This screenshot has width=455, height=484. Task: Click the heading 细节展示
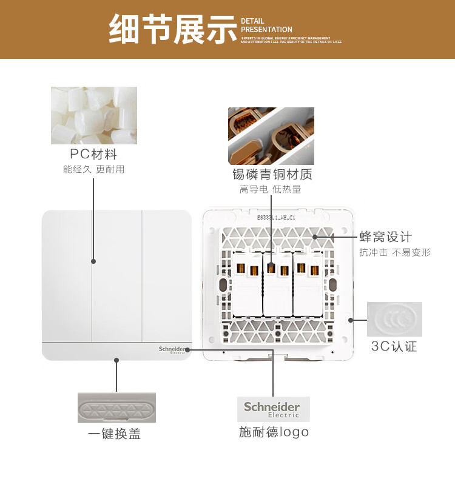tap(172, 30)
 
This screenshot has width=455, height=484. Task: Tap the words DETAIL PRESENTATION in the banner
tap(266, 25)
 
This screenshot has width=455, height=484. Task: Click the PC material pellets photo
tap(94, 115)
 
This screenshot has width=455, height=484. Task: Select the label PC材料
tap(93, 154)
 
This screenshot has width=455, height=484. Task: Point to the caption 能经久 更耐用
tap(93, 169)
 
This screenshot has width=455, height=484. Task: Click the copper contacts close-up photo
tap(271, 136)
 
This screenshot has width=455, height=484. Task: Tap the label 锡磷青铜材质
tap(272, 175)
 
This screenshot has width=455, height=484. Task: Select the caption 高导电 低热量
tap(270, 189)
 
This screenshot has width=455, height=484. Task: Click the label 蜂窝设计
tap(385, 237)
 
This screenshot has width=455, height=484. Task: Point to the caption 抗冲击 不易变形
tap(394, 252)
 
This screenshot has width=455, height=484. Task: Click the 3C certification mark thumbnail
tap(394, 319)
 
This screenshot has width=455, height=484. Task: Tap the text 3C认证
tap(394, 346)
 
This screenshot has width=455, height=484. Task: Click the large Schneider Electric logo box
tap(272, 409)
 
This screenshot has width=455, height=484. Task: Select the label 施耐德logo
tap(274, 432)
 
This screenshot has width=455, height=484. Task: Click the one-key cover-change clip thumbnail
tap(116, 407)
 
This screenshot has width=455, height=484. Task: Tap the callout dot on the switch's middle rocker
tap(93, 261)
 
